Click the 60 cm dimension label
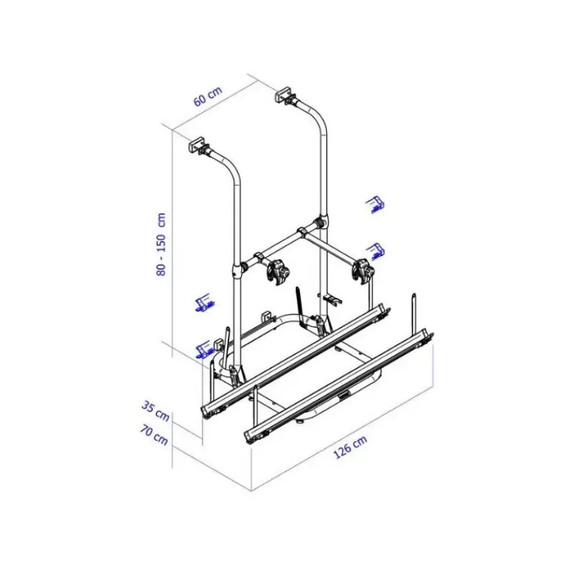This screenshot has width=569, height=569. (208, 97)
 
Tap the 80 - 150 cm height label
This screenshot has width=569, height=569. (161, 244)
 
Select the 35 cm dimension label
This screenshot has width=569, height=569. (156, 412)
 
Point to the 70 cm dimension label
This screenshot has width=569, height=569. (154, 435)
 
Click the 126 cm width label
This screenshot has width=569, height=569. (350, 447)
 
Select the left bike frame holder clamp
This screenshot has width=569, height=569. (277, 271)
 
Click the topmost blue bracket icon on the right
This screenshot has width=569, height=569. (376, 204)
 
